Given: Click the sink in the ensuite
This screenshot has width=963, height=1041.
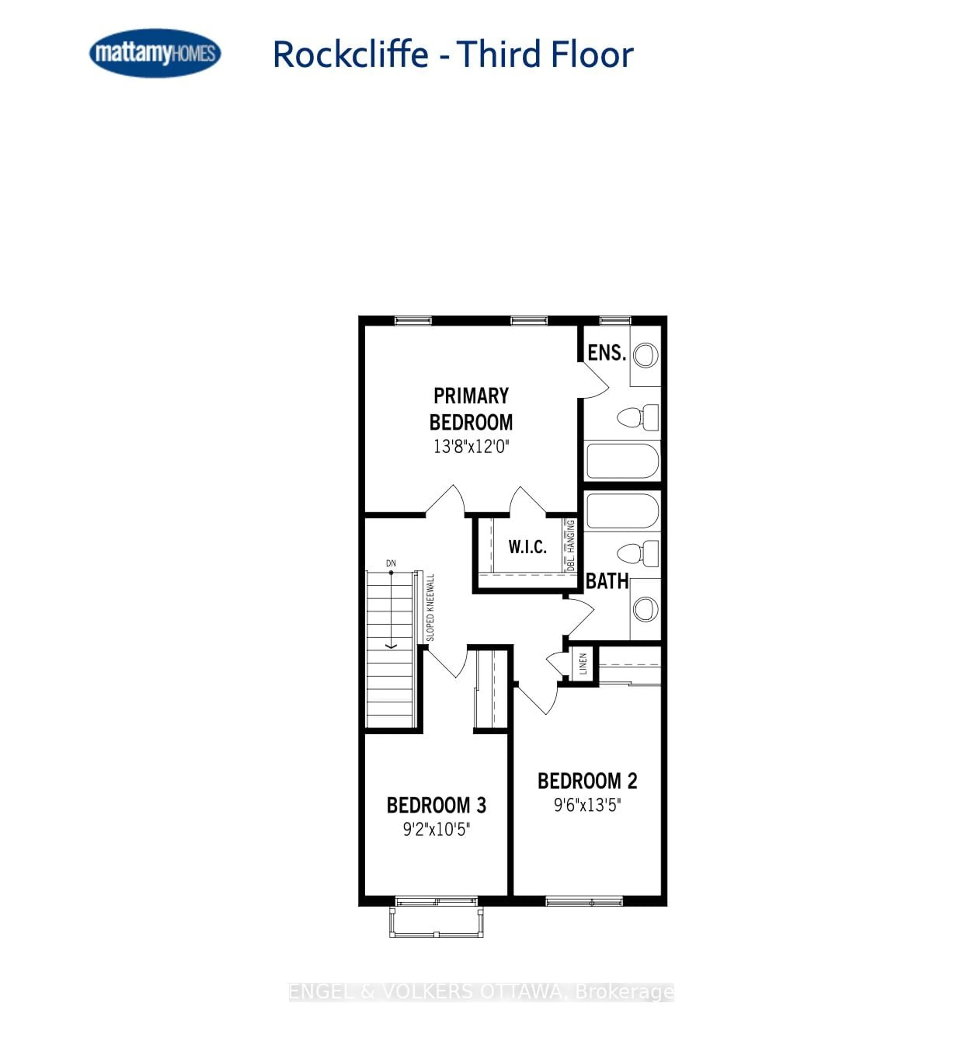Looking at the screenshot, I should pos(646,355).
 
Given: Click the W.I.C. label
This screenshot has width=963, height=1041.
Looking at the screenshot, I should pos(527,547).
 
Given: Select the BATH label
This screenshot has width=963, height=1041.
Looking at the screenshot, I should pos(607,581).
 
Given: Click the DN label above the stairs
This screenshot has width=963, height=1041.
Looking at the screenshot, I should pos(391,563).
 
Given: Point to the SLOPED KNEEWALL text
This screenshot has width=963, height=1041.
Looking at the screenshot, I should pos(430,607).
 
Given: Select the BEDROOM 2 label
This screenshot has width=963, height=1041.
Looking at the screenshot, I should pos(587,781).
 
